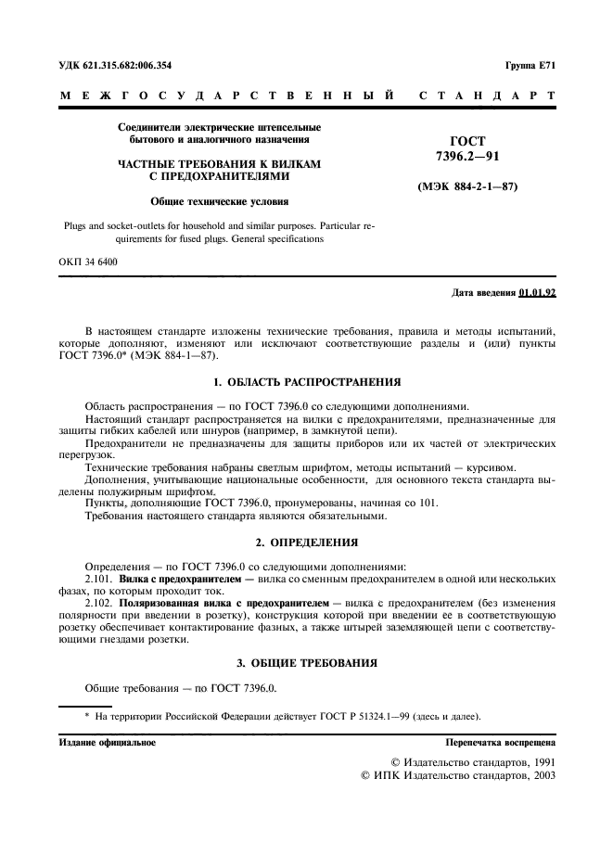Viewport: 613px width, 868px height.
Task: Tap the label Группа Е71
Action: pos(530,66)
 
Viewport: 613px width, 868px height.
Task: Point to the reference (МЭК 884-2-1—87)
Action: pos(468,187)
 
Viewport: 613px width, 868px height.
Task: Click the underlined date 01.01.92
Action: pos(538,292)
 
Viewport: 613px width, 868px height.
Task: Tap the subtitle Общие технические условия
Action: pos(220,201)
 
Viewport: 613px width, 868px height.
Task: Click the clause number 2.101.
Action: pos(100,578)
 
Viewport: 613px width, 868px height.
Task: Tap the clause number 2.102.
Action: pos(100,602)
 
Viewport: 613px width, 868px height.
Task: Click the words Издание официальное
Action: pos(108,743)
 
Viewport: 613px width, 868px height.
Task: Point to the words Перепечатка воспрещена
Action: pos(500,743)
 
